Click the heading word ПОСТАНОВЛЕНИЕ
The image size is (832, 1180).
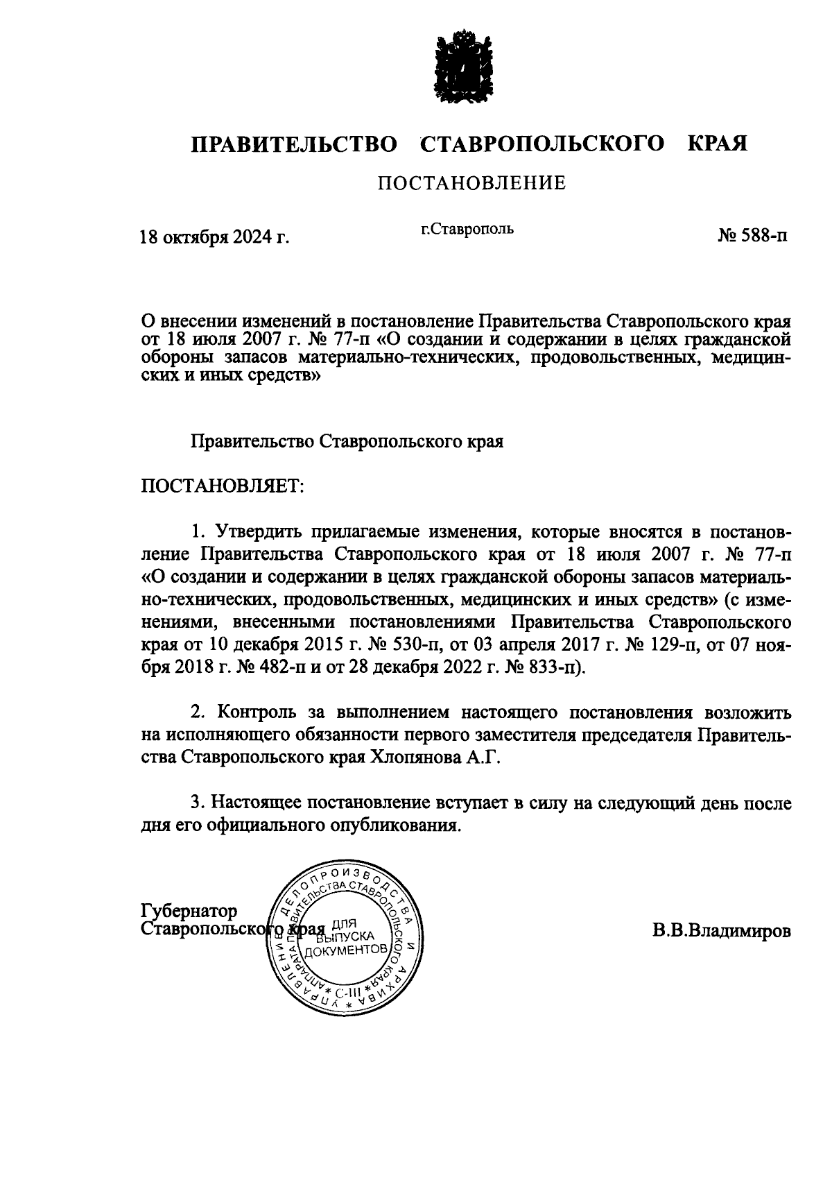pyautogui.click(x=471, y=183)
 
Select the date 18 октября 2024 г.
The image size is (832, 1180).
pyautogui.click(x=214, y=238)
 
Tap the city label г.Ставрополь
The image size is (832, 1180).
pyautogui.click(x=469, y=228)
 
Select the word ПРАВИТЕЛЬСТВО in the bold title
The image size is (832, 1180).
pyautogui.click(x=295, y=144)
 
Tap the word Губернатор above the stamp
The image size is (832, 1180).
pyautogui.click(x=189, y=910)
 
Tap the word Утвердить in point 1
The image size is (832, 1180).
pyautogui.click(x=256, y=532)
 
